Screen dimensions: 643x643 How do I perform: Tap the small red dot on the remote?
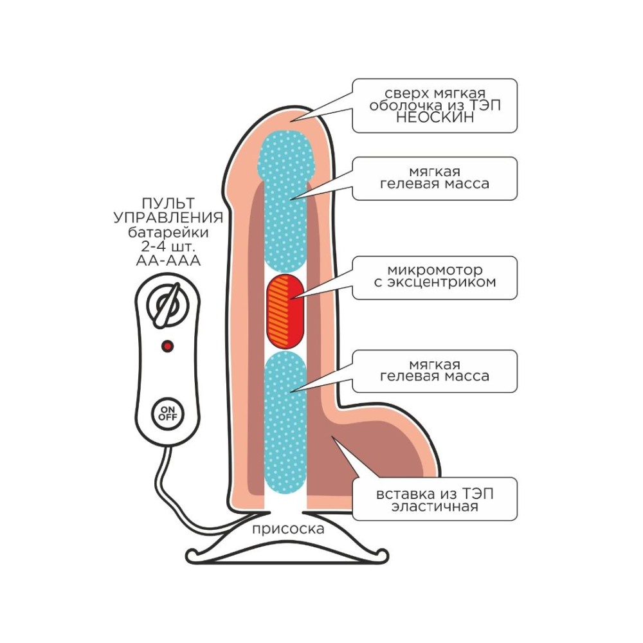click(168, 347)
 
